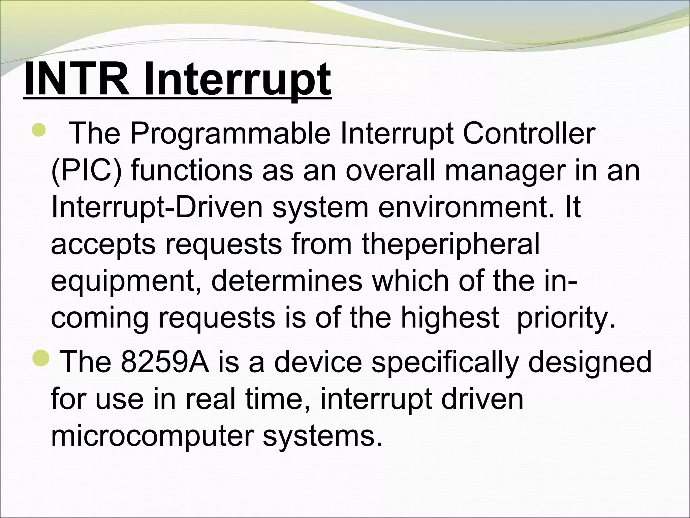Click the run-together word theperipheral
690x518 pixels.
pyautogui.click(x=451, y=244)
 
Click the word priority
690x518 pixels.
pyautogui.click(x=566, y=318)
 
